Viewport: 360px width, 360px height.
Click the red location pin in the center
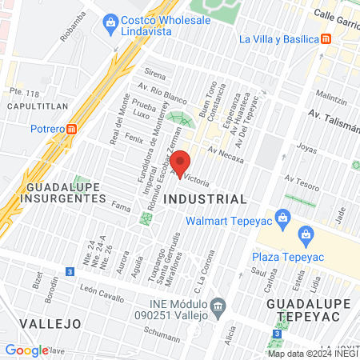pyautogui.click(x=181, y=163)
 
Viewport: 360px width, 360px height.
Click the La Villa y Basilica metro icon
pyautogui.click(x=326, y=38)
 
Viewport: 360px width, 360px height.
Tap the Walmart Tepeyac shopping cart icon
pyautogui.click(x=282, y=217)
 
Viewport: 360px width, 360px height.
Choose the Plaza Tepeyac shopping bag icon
pyautogui.click(x=304, y=234)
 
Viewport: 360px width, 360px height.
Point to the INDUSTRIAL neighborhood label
pyautogui.click(x=205, y=198)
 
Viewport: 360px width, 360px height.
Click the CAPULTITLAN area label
pyautogui.click(x=35, y=106)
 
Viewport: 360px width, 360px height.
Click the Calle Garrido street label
pyautogui.click(x=336, y=15)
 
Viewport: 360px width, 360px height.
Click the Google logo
pyautogui.click(x=26, y=350)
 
